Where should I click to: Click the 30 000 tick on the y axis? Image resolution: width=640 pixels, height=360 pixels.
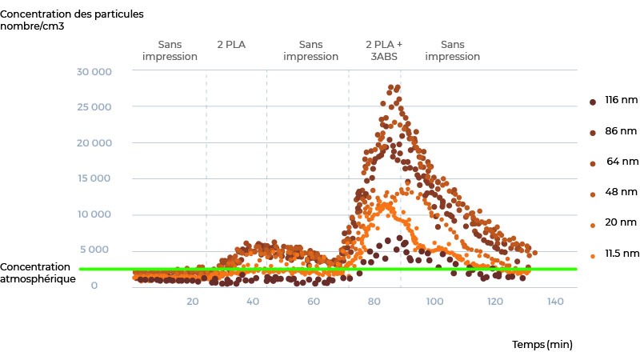94,72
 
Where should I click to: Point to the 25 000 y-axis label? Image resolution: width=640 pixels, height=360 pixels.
94,107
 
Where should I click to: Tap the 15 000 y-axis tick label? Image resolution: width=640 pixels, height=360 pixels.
94,178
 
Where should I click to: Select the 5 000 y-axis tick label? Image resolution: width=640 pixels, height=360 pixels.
98,250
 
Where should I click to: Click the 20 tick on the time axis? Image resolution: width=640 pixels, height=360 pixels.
192,302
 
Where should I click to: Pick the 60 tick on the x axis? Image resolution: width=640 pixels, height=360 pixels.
314,302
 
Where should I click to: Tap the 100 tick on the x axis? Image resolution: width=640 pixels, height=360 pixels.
434,302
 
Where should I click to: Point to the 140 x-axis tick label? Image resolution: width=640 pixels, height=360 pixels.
555,302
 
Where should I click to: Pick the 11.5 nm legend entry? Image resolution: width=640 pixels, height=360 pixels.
621,254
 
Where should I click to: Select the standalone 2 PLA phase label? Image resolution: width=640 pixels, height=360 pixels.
231,45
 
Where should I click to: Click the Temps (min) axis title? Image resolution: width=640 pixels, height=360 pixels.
542,345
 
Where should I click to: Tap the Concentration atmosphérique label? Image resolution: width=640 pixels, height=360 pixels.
38,273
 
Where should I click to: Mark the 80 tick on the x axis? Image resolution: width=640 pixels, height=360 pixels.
374,302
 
